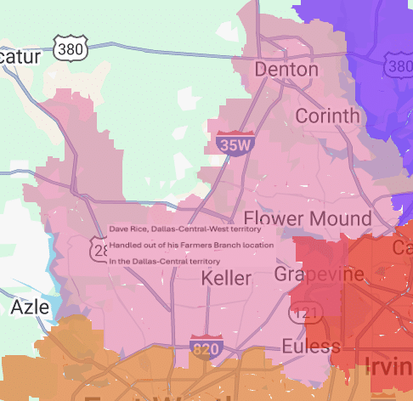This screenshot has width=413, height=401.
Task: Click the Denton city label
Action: coord(286,70)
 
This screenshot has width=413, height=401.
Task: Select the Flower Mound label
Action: coord(308,218)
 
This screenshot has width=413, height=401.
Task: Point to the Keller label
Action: coord(226,279)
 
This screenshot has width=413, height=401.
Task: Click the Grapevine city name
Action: coord(319,274)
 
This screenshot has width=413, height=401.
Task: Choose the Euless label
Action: coord(312,347)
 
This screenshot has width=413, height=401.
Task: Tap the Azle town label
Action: coord(30,308)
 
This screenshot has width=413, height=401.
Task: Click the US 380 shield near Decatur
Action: coord(69,49)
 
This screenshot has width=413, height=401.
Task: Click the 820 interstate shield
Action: coord(203,348)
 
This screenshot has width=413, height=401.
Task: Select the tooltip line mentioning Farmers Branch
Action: coord(191,245)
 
